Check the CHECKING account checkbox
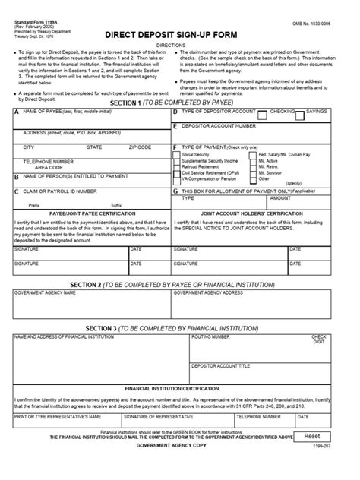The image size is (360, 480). [x=262, y=115]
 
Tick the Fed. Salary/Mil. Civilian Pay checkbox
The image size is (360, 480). [x=254, y=154]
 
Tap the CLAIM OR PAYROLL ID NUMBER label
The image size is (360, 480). [x=60, y=191]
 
